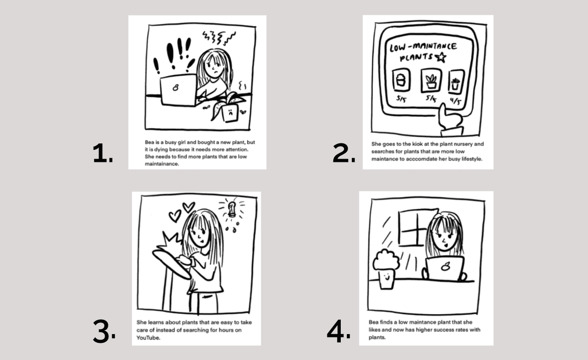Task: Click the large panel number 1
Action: [x=102, y=153]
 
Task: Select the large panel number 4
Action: [x=338, y=331]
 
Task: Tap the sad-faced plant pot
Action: [x=231, y=113]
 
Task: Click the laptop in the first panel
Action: [x=178, y=90]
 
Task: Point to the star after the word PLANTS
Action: [x=441, y=57]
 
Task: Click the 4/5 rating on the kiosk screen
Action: [x=456, y=101]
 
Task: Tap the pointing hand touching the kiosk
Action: [x=450, y=119]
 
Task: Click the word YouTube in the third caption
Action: [x=148, y=338]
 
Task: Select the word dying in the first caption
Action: [x=161, y=149]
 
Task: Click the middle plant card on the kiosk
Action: [x=432, y=81]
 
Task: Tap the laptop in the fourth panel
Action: [x=445, y=268]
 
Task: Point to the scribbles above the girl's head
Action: [x=219, y=37]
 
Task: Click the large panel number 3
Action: [x=104, y=331]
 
